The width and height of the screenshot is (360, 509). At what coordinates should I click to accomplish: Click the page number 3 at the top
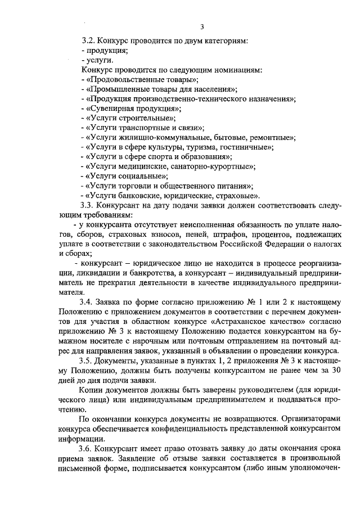pos(201,26)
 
